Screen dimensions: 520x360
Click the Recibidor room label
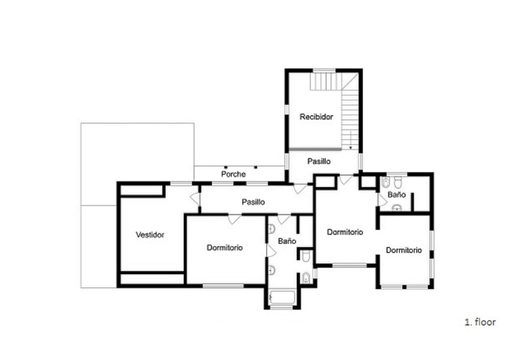[x=316, y=117]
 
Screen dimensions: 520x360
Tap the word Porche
[x=233, y=174]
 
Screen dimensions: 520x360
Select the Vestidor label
[x=150, y=235]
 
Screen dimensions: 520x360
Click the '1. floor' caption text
[x=480, y=322]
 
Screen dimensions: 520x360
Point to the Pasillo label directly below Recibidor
[x=319, y=161]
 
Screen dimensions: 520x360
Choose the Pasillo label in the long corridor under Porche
[x=253, y=202]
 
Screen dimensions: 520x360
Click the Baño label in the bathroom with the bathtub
[x=287, y=241]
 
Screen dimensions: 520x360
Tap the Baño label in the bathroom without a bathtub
[x=397, y=194]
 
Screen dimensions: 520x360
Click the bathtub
[x=282, y=297]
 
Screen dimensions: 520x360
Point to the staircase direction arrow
[x=350, y=140]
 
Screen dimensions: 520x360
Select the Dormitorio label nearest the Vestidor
[x=225, y=248]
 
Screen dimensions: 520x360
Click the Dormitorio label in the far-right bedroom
[x=404, y=250]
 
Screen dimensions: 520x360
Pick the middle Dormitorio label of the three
[x=345, y=232]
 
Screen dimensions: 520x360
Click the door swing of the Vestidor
[x=195, y=199]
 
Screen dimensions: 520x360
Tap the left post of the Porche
[x=226, y=167]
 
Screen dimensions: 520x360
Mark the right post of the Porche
[x=256, y=167]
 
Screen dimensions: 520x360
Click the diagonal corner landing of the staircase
[x=350, y=81]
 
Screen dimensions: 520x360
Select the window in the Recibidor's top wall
[x=324, y=70]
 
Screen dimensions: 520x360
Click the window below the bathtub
[x=281, y=308]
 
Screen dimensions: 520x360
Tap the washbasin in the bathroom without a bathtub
[x=397, y=208]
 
